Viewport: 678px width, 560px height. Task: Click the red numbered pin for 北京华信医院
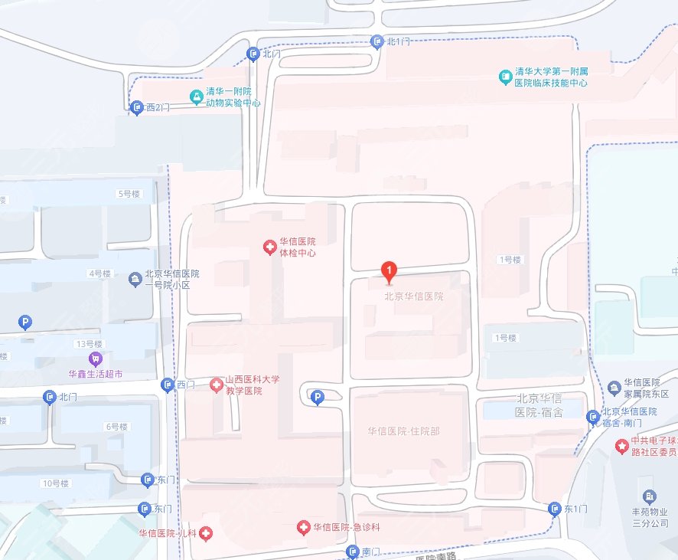(390, 270)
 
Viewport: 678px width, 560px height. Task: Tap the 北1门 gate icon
(376, 41)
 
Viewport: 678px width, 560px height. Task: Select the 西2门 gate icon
(137, 108)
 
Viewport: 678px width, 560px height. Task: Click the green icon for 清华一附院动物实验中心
(197, 96)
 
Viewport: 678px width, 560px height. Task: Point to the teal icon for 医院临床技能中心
(504, 77)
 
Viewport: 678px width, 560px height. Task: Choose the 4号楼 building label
(100, 273)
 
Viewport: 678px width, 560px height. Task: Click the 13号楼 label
(89, 343)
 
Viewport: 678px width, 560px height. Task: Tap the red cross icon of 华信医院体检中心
(269, 247)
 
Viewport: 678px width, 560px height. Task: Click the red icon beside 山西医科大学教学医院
(216, 384)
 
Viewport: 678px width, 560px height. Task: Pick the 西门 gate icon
(168, 385)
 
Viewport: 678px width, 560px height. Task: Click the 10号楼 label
(57, 483)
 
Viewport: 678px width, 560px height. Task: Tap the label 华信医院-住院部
(403, 431)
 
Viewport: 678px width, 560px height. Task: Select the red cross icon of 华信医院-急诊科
(303, 527)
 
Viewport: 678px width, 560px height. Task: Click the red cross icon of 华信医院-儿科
(206, 533)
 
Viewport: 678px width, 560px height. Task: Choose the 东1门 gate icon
(555, 509)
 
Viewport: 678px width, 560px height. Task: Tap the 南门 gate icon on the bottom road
(353, 552)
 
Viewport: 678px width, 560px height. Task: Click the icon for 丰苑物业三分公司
(650, 497)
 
